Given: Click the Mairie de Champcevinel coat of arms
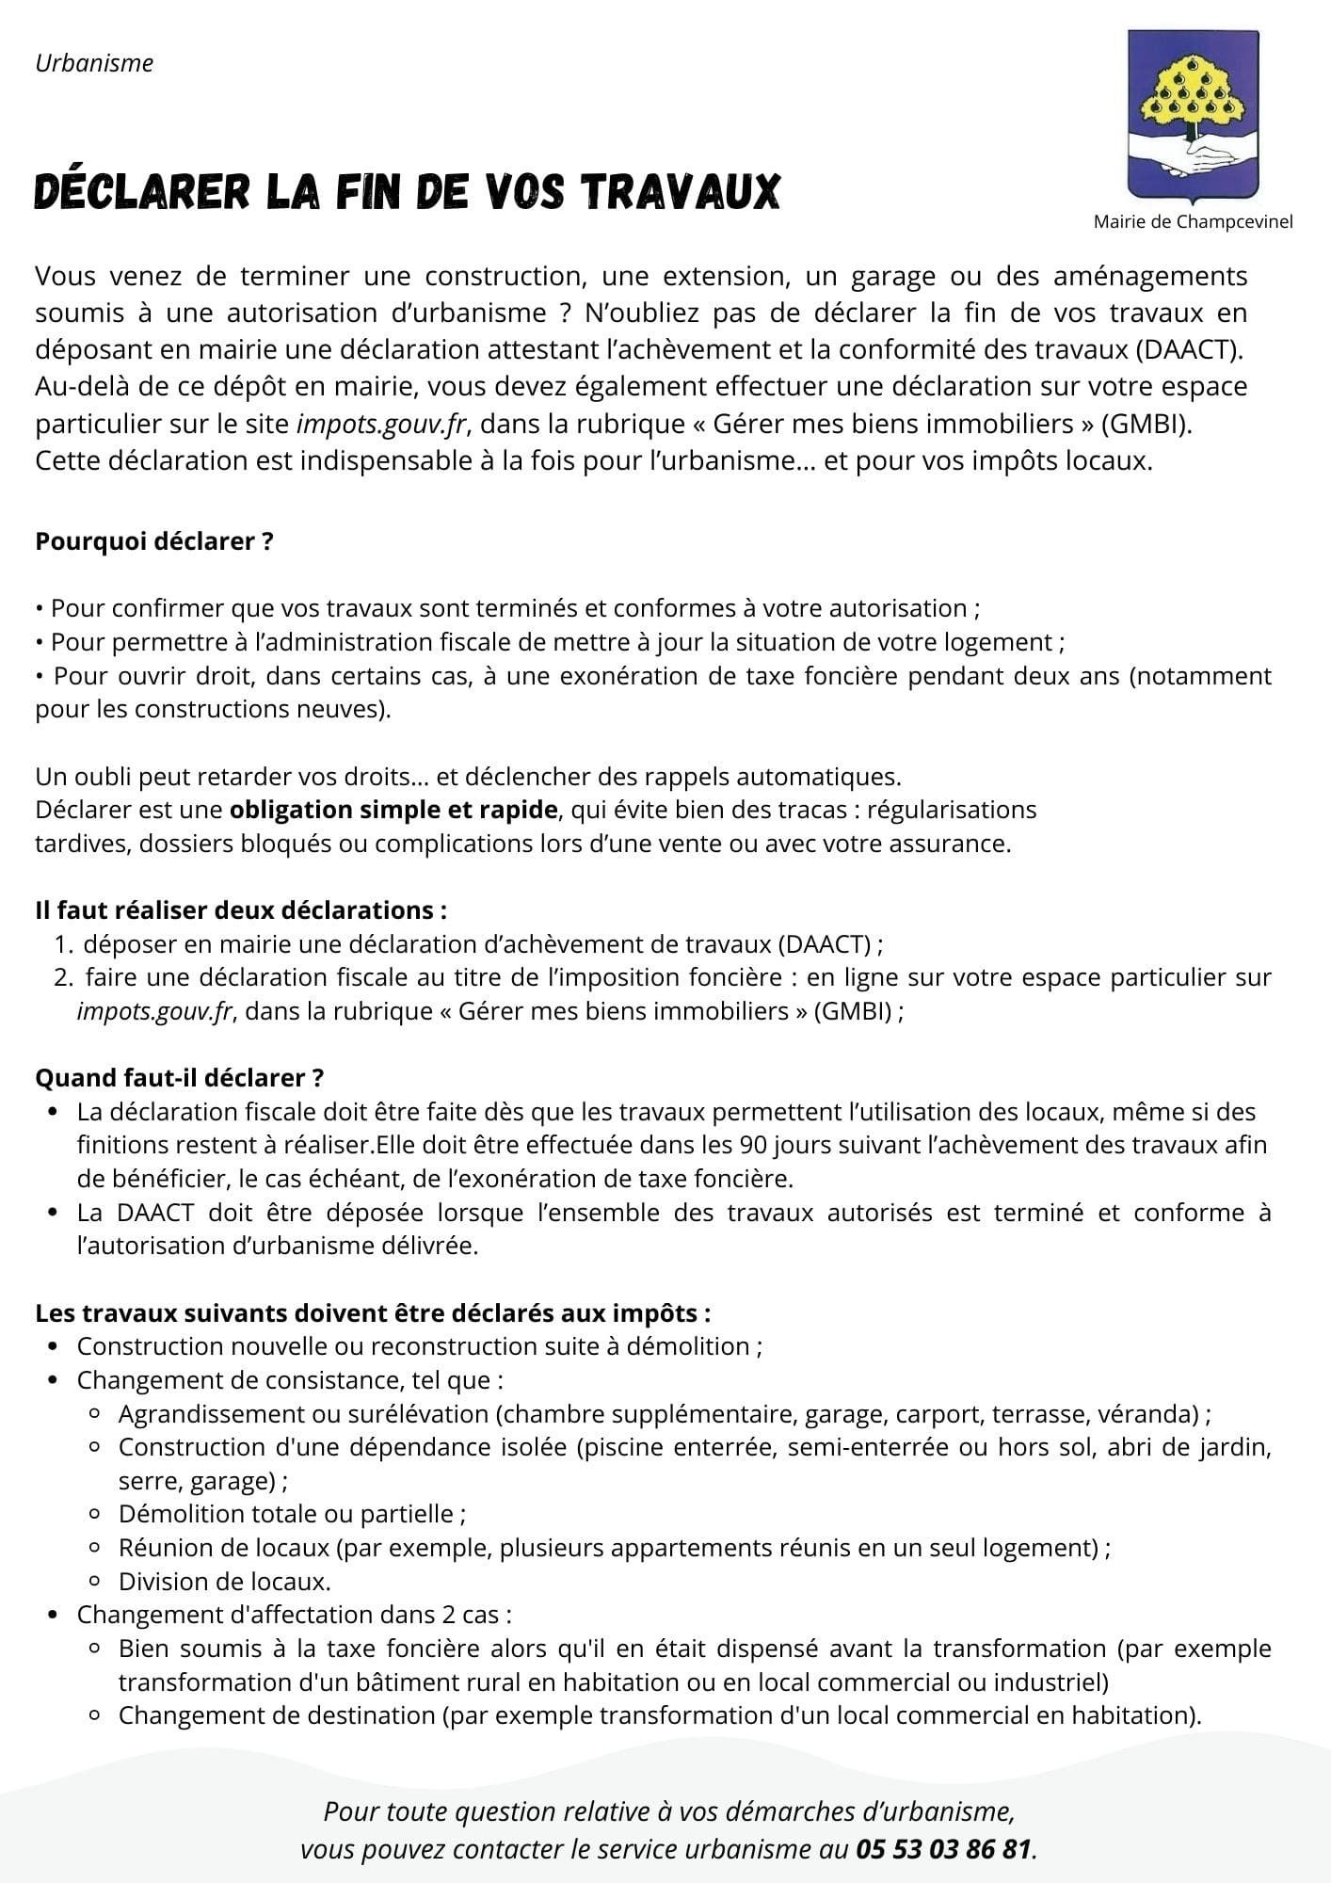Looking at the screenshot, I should coord(1192,115).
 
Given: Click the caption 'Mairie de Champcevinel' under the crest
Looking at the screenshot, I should coord(1193,222).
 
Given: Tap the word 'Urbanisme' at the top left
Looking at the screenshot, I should coord(94,63).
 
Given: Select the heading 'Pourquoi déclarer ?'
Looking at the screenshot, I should coord(153,542).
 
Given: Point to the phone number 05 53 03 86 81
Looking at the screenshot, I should coord(943,1849).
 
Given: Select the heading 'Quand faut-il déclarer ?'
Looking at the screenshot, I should coord(180,1078).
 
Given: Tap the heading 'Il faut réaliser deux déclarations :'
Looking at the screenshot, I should coord(240,910).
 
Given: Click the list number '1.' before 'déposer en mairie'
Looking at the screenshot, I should coord(63,944).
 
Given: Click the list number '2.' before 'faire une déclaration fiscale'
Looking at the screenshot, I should coord(63,978).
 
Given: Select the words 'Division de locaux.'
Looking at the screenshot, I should coord(224,1582).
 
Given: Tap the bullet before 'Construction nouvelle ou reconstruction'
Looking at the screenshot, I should coord(53,1347).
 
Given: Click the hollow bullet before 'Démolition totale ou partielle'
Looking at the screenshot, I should coord(95,1515).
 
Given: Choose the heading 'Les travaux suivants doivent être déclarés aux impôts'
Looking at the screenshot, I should coord(373,1313).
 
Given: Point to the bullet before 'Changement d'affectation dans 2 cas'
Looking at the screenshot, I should coord(53,1616).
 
